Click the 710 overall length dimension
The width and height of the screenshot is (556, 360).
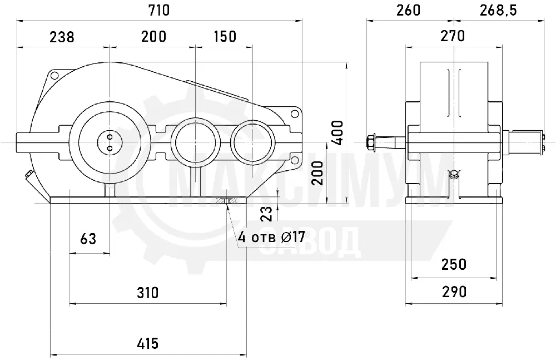click(x=159, y=11)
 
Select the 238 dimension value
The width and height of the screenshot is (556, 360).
click(x=62, y=37)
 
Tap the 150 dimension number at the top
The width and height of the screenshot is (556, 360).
click(x=225, y=36)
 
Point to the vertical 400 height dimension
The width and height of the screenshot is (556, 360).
click(x=338, y=132)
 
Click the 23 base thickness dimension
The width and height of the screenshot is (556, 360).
click(x=267, y=214)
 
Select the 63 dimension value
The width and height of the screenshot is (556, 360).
click(x=88, y=239)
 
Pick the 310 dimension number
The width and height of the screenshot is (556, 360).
click(x=147, y=293)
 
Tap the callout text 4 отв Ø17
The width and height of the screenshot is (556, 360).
click(x=272, y=237)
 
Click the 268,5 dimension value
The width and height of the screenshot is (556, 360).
click(x=498, y=11)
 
